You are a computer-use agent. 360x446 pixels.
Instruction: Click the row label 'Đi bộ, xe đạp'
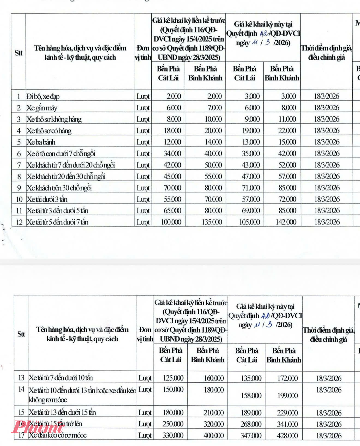coord(43,97)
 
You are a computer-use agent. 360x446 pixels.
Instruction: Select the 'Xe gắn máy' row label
coord(42,108)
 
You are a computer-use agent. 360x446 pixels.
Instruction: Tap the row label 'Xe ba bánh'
coord(41,142)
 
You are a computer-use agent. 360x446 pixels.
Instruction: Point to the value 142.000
coord(286,222)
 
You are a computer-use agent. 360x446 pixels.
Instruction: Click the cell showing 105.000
coord(249,222)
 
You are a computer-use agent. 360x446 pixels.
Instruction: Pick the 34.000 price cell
coord(172,154)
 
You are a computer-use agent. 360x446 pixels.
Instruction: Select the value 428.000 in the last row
coord(287,436)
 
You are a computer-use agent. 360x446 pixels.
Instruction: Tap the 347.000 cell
coord(251,436)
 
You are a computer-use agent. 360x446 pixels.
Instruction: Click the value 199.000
coord(287,396)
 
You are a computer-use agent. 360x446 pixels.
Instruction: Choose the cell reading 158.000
coord(251,396)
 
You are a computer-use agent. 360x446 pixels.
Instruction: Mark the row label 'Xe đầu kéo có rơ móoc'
coord(58,435)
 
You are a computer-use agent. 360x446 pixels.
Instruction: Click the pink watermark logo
coord(38,427)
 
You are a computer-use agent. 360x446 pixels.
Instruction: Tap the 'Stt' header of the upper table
coord(19,53)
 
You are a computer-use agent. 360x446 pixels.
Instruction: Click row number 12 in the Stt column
coord(19,222)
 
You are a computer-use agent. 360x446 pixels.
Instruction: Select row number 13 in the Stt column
coord(21,378)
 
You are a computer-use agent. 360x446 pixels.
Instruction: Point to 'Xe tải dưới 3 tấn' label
coord(47,199)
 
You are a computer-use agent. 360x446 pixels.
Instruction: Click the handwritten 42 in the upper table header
coord(264,34)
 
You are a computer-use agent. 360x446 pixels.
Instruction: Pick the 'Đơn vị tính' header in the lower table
coord(145,334)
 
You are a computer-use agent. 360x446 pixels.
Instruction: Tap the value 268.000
coord(251,424)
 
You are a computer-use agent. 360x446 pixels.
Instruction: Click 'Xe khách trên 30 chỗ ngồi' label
coord(59,188)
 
